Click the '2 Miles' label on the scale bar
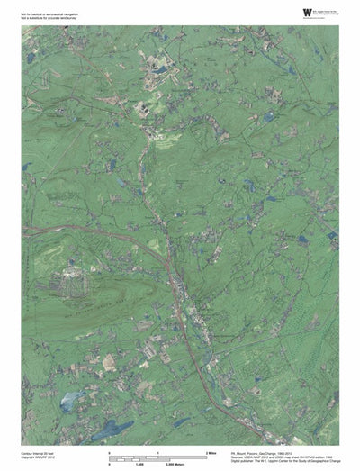pyautogui.click(x=213, y=450)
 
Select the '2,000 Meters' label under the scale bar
pyautogui.click(x=211, y=465)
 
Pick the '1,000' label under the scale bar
pyautogui.click(x=158, y=465)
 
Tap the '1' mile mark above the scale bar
pyautogui.click(x=158, y=450)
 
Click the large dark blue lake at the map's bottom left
pyautogui.click(x=109, y=429)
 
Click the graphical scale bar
pyautogui.click(x=158, y=457)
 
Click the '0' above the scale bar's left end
pyautogui.click(x=110, y=450)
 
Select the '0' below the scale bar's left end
pyautogui.click(x=110, y=465)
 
